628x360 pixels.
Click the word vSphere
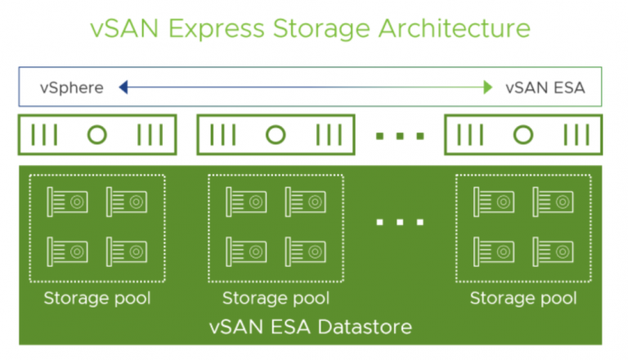pyautogui.click(x=71, y=88)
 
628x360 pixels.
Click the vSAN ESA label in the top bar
pyautogui.click(x=545, y=88)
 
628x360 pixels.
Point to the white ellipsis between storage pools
pyautogui.click(x=399, y=223)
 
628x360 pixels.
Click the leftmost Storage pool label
pyautogui.click(x=97, y=298)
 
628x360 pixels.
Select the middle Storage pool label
pyautogui.click(x=276, y=298)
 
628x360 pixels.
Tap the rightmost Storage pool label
pyautogui.click(x=523, y=298)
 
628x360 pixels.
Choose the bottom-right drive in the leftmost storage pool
pyautogui.click(x=126, y=250)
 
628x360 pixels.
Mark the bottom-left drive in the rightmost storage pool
pyautogui.click(x=494, y=250)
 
